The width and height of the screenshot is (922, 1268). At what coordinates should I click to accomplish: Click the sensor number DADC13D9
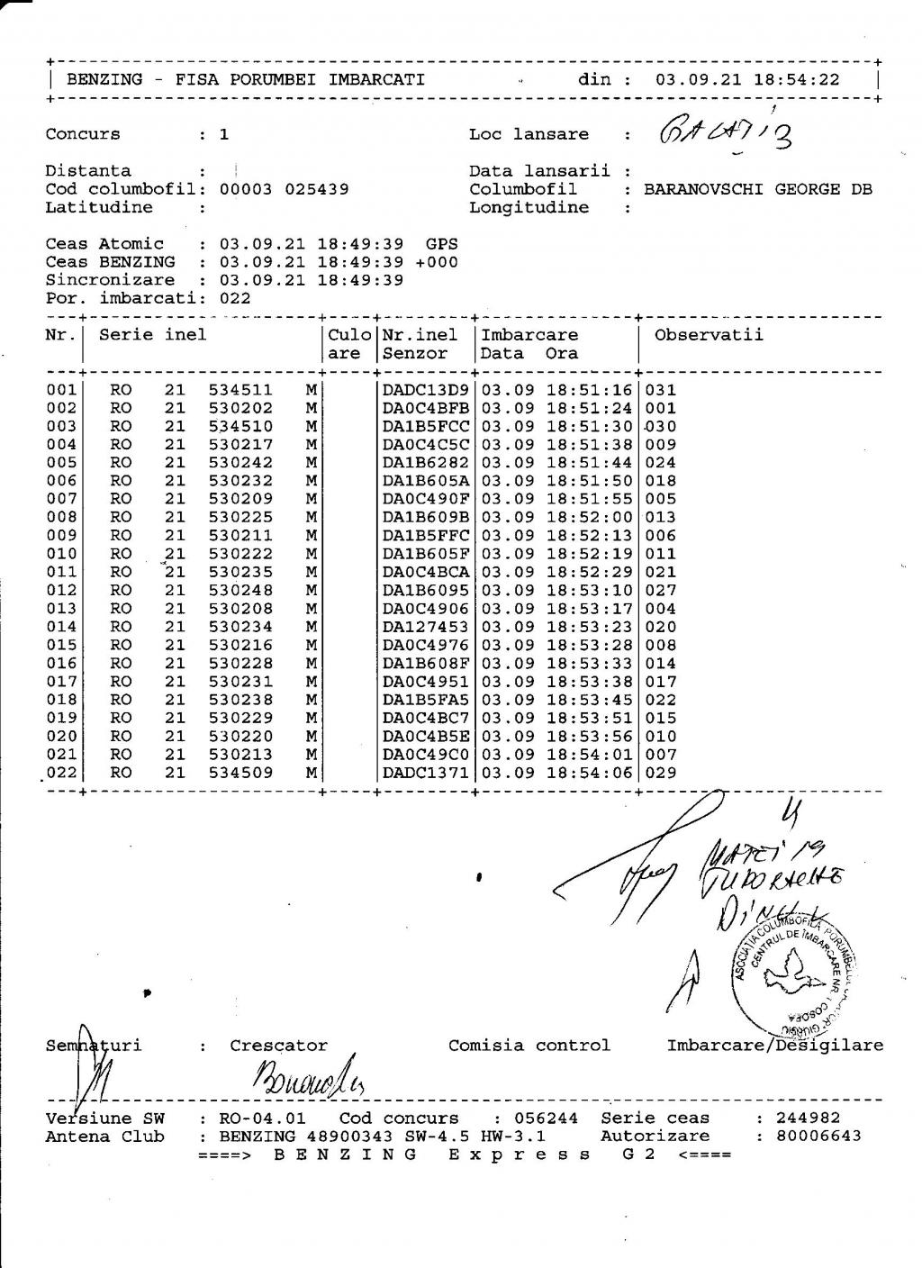426,390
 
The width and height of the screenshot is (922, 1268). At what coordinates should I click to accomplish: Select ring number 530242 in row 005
240,463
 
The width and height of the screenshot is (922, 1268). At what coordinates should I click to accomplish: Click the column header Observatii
709,335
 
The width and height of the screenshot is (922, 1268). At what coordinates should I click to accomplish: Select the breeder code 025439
316,189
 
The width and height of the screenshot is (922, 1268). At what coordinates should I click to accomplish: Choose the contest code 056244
549,1119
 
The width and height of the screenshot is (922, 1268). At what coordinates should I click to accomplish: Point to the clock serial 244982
808,1119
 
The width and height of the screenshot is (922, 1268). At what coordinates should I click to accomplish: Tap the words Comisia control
529,1046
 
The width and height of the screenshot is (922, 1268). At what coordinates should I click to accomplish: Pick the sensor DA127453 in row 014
426,627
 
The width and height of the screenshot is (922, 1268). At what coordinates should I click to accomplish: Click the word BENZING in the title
104,79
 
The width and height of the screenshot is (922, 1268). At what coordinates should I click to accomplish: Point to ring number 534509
240,773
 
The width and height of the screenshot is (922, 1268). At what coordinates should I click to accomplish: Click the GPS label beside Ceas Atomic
441,244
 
